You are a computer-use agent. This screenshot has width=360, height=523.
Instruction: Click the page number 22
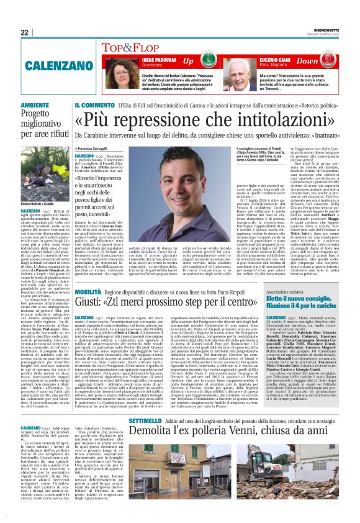coord(24,32)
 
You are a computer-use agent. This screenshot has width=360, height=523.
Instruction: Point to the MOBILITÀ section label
coord(92,291)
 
